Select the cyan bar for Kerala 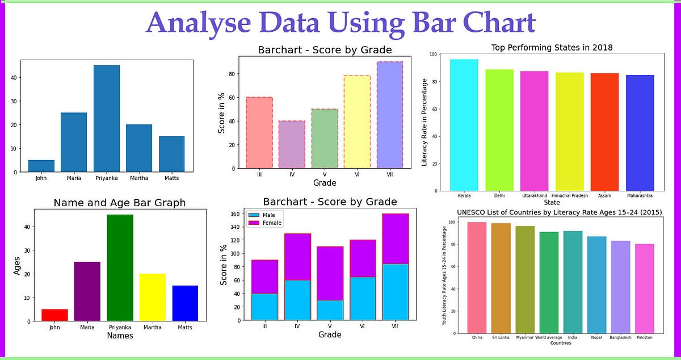(x=464, y=125)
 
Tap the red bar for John (x=54, y=315)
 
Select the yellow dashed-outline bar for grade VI (x=357, y=122)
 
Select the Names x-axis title (x=120, y=336)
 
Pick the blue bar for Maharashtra (x=640, y=133)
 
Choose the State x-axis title (x=552, y=202)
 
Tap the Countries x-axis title (x=561, y=343)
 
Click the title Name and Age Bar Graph (x=119, y=203)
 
